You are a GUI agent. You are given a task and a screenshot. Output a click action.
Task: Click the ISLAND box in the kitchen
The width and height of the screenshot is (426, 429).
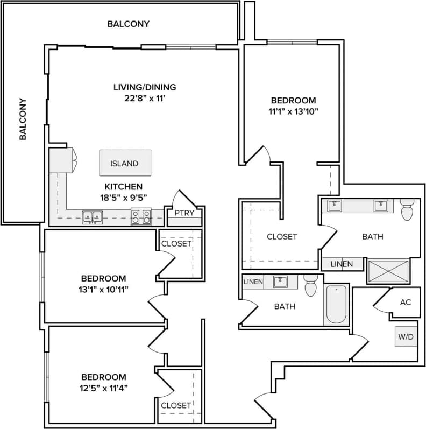[125, 163]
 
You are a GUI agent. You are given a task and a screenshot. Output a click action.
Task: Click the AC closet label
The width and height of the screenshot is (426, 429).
[405, 302]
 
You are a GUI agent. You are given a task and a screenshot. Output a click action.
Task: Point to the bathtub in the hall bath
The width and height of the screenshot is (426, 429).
[336, 305]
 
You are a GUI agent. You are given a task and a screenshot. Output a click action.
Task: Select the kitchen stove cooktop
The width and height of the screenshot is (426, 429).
[141, 217]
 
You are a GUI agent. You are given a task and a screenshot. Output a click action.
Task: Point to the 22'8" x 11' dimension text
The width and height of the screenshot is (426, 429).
[145, 99]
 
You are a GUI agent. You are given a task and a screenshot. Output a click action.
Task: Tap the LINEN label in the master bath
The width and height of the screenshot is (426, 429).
[342, 264]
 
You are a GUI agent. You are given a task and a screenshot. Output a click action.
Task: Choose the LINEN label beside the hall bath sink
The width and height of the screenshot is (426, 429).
[253, 282]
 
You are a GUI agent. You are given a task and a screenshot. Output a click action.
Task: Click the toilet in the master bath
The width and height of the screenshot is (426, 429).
[407, 209]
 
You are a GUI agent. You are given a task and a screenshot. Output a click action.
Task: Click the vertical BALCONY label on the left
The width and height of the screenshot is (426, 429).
[23, 118]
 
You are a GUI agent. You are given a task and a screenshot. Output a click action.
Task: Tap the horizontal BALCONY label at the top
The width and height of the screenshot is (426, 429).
[128, 24]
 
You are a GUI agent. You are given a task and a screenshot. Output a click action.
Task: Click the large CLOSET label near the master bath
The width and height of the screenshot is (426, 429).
[282, 236]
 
